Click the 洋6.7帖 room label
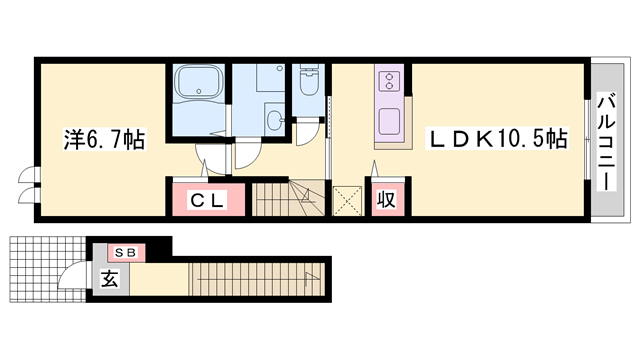[104, 140]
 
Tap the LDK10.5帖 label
[497, 139]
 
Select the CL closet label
[207, 200]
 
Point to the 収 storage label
[386, 200]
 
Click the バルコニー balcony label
[607, 142]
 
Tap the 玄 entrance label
[109, 279]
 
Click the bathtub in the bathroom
[198, 82]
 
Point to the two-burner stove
[389, 81]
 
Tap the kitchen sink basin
[389, 121]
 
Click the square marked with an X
[347, 200]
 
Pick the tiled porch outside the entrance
[48, 269]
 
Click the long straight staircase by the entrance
[257, 279]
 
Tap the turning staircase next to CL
[288, 199]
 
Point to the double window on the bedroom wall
[29, 186]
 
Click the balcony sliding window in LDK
[587, 140]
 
